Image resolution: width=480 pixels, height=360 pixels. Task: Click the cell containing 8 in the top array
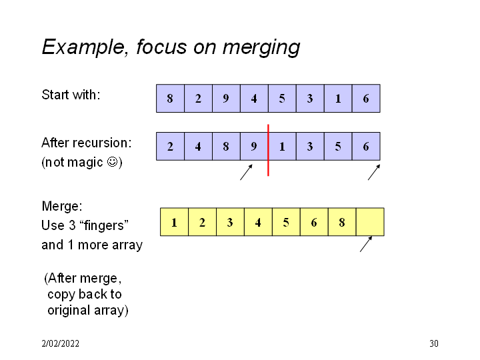point(170,98)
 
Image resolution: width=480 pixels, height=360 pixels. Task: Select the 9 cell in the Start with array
point(226,98)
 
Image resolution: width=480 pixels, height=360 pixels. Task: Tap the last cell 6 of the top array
point(366,98)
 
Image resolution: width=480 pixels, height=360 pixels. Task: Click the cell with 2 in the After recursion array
point(170,146)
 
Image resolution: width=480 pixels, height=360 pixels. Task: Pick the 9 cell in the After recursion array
point(254,146)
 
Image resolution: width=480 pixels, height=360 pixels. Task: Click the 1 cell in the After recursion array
point(282,146)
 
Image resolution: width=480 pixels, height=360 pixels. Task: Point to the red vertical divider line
point(268,150)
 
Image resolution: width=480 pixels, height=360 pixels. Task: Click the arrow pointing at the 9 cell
point(247,172)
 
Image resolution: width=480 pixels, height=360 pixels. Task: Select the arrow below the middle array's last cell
point(374,172)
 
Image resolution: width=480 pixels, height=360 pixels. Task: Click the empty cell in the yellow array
point(370,222)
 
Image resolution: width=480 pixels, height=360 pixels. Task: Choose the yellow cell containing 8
point(342,222)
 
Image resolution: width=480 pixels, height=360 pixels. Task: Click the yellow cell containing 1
point(174,222)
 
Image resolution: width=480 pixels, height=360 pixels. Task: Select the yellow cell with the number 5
point(286,222)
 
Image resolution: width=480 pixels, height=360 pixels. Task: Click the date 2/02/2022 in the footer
point(60,344)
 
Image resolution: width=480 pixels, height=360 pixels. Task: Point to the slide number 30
point(434,344)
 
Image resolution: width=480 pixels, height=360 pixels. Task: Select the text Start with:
point(71,95)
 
